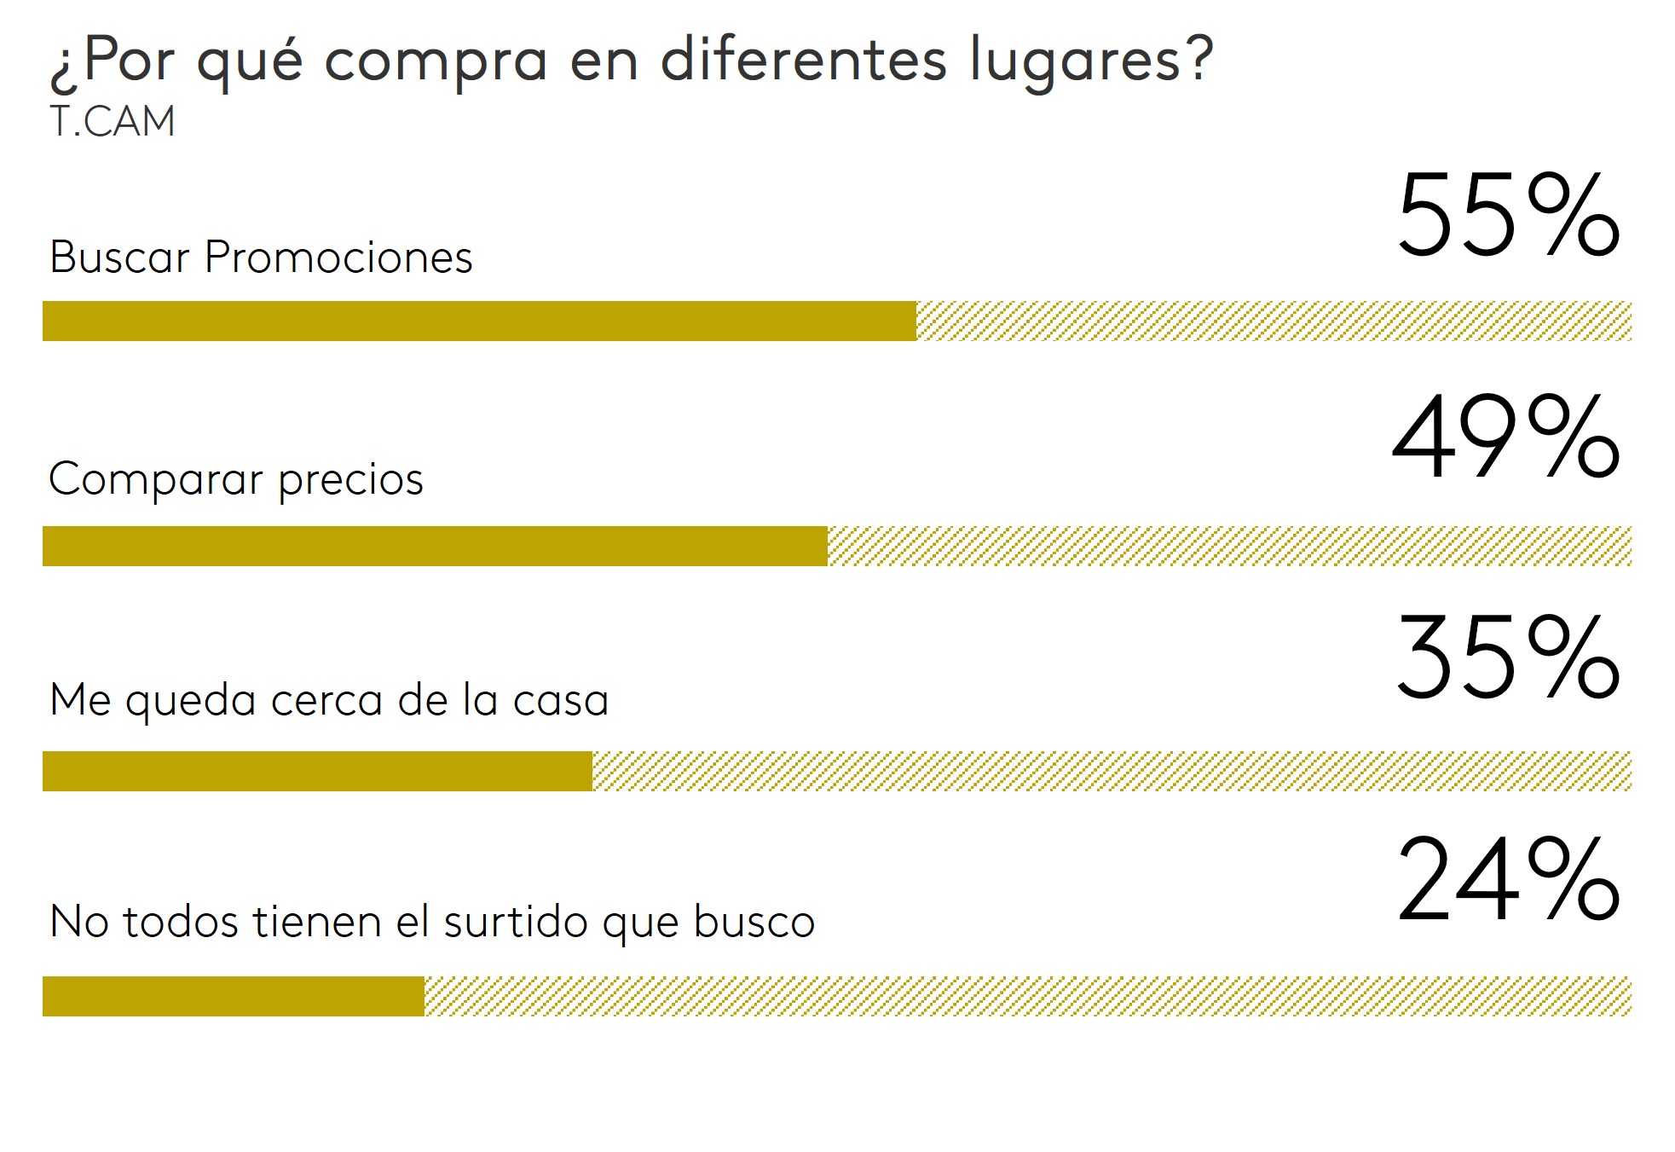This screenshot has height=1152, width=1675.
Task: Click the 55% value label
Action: tap(1507, 215)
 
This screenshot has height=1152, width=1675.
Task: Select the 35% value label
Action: tap(1507, 658)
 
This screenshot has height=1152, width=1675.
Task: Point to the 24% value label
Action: tap(1507, 880)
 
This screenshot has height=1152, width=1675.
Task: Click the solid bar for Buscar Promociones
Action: tap(479, 321)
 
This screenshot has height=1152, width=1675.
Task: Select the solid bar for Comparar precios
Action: tap(435, 547)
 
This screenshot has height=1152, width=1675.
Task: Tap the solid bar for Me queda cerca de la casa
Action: tap(317, 772)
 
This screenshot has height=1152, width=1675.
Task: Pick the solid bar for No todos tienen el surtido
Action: tap(234, 997)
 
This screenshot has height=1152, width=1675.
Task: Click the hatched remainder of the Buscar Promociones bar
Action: tap(1274, 321)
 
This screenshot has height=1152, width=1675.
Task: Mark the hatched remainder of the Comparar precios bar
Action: tap(1229, 547)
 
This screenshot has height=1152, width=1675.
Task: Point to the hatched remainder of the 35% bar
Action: tap(1112, 772)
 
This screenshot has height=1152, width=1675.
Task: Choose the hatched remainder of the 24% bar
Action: tap(1028, 997)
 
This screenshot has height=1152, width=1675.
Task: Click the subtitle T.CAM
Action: tap(113, 121)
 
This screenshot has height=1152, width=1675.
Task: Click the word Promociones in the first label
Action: tap(338, 257)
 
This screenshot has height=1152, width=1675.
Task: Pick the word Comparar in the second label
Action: tap(155, 480)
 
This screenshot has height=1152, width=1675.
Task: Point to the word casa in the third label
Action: tap(561, 700)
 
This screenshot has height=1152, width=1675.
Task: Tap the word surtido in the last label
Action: tap(516, 922)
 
